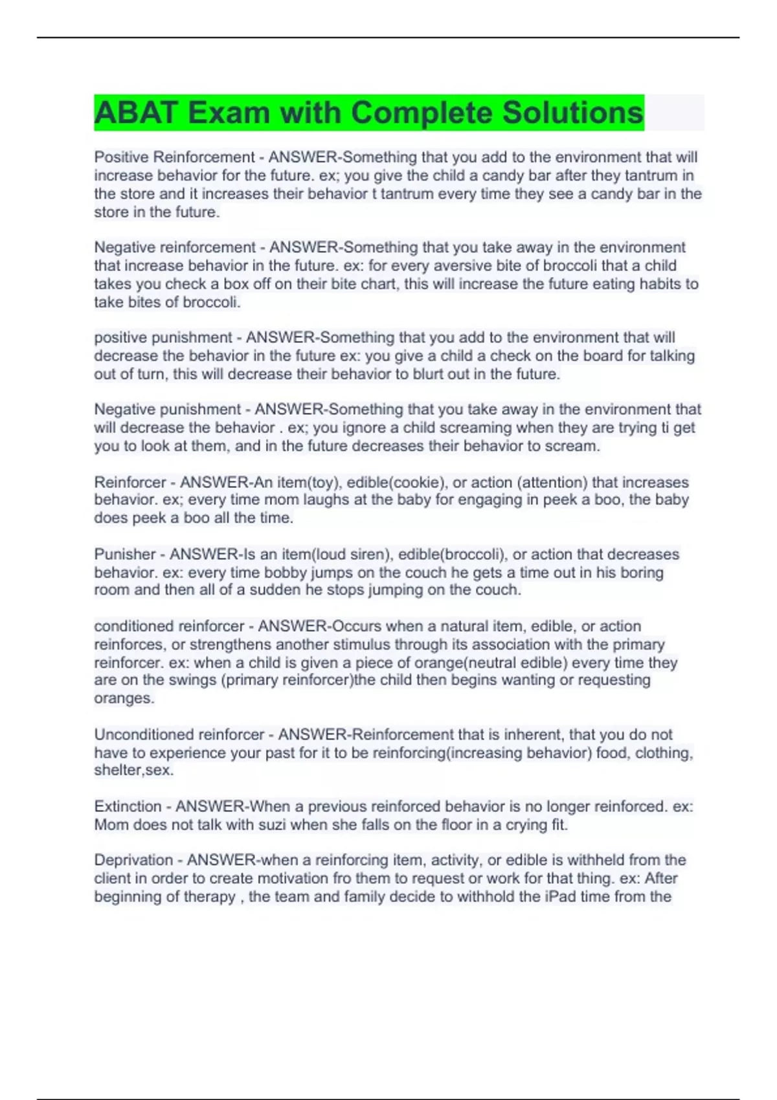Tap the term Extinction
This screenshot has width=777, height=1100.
[128, 807]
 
